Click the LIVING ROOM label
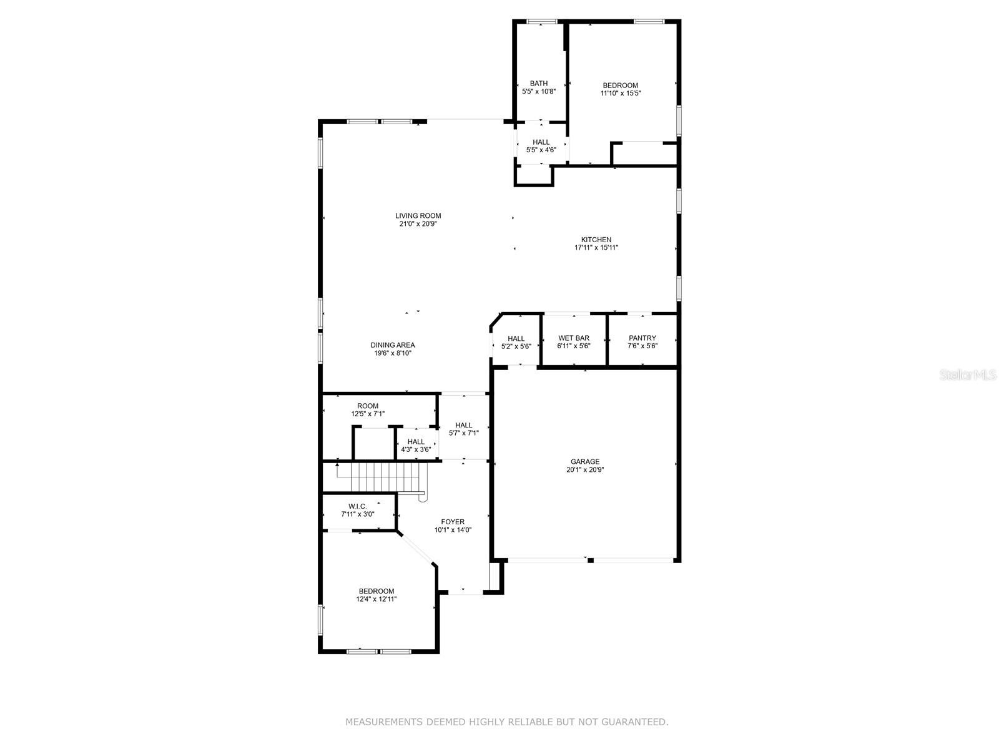[418, 215]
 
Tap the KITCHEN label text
[596, 240]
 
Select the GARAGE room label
[585, 462]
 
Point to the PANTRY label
[642, 338]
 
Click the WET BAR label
[573, 338]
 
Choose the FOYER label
[453, 522]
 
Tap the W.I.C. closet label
[357, 506]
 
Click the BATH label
[538, 83]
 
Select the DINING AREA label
[392, 345]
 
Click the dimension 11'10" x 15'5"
[621, 93]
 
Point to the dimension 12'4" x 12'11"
[376, 599]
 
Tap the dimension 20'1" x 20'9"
[585, 470]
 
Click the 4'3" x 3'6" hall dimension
[416, 450]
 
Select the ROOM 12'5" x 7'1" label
[368, 409]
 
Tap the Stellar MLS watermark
[968, 374]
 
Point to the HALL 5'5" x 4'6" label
[541, 145]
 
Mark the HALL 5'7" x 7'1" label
[463, 429]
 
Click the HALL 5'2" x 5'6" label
[516, 342]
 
